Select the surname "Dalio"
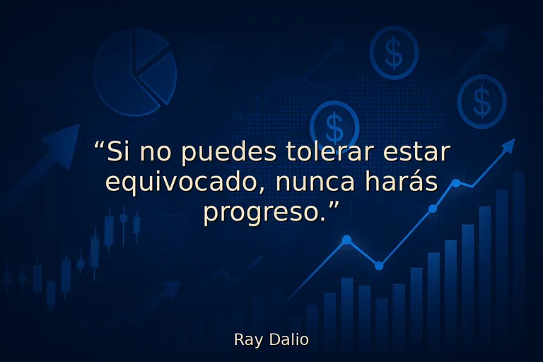pyautogui.click(x=288, y=339)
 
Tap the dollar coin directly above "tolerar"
pyautogui.click(x=334, y=126)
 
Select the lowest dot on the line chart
pyautogui.click(x=379, y=266)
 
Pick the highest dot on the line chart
pyautogui.click(x=456, y=183)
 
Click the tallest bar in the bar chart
pyautogui.click(x=518, y=262)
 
